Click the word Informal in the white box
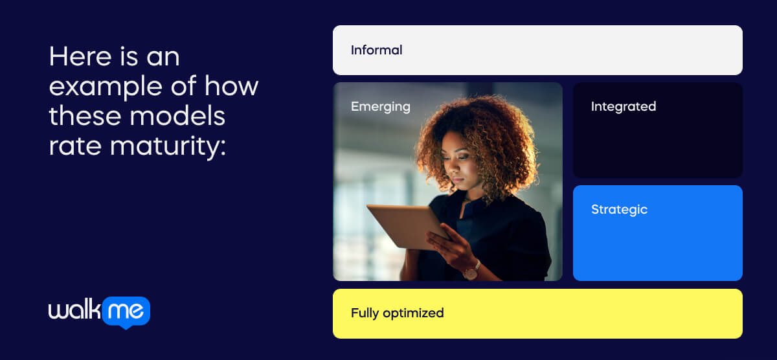tap(376, 50)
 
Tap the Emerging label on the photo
tap(380, 107)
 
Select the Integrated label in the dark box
tap(623, 107)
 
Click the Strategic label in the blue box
tap(619, 210)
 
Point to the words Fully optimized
tap(397, 313)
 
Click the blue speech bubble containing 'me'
tap(126, 312)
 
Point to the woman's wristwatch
tap(471, 270)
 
